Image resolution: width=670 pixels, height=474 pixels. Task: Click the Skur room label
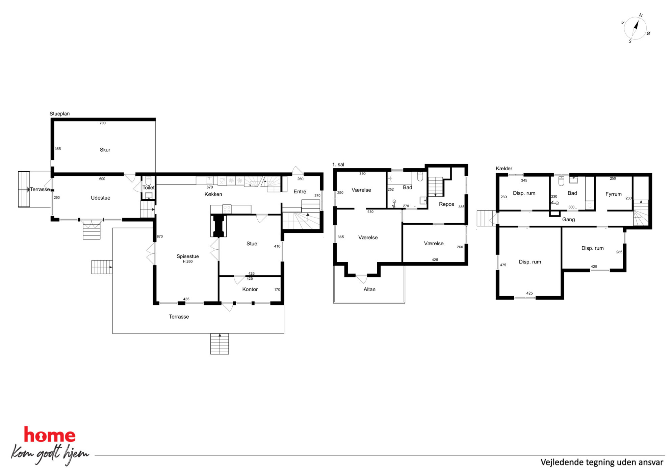click(105, 150)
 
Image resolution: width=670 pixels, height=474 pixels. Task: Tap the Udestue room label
click(101, 198)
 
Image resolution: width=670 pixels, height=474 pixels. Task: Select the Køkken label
click(213, 194)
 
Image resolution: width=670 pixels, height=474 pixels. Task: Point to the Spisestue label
click(188, 256)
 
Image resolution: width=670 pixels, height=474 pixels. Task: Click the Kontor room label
click(250, 289)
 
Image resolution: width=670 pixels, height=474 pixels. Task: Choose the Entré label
click(300, 192)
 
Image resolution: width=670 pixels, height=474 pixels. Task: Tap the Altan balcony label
click(369, 289)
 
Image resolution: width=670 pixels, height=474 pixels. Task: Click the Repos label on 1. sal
click(446, 204)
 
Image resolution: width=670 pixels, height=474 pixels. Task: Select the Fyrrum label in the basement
click(614, 194)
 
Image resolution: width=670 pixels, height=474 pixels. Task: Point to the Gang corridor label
click(568, 220)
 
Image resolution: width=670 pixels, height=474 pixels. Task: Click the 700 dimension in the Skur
click(103, 123)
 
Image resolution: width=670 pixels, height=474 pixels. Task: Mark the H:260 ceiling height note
click(188, 261)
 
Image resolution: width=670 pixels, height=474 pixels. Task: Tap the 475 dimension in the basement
click(503, 265)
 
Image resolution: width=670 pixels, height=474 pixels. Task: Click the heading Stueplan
click(60, 114)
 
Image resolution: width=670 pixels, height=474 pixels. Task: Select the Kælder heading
click(504, 168)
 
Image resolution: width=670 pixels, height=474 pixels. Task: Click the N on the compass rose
click(641, 16)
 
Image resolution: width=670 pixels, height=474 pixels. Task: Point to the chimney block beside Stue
click(218, 226)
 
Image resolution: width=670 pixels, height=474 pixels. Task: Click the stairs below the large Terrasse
click(220, 344)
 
